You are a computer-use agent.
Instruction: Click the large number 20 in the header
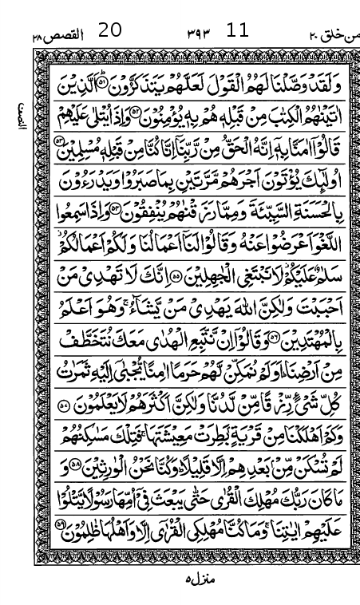[x=110, y=31]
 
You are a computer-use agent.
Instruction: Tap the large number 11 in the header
[x=237, y=31]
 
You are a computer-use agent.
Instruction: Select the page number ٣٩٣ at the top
[x=196, y=34]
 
